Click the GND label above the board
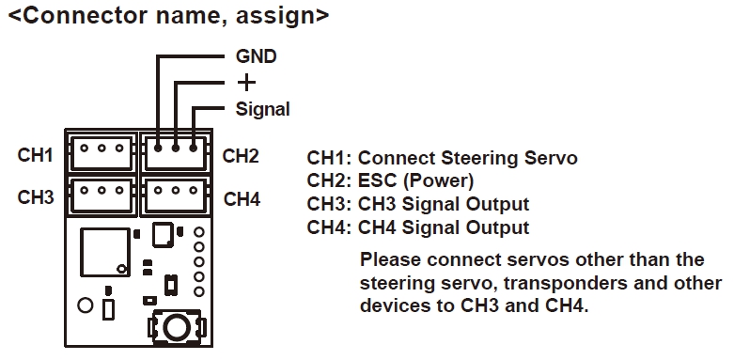pos(256,56)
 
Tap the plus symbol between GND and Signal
pos(246,83)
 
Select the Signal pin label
pos(262,110)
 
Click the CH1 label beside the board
pos(35,155)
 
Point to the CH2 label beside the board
pos(241,156)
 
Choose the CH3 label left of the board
pos(36,197)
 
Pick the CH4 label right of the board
pos(242,199)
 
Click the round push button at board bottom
pos(177,327)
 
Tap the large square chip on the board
pos(105,252)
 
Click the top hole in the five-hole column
pos(199,232)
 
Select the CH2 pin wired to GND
pos(158,148)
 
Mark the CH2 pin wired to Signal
pos(194,148)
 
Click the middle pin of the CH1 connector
pos(102,148)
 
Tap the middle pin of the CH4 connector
pos(176,190)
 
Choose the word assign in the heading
pos(274,17)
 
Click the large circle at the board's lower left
pos(86,305)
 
